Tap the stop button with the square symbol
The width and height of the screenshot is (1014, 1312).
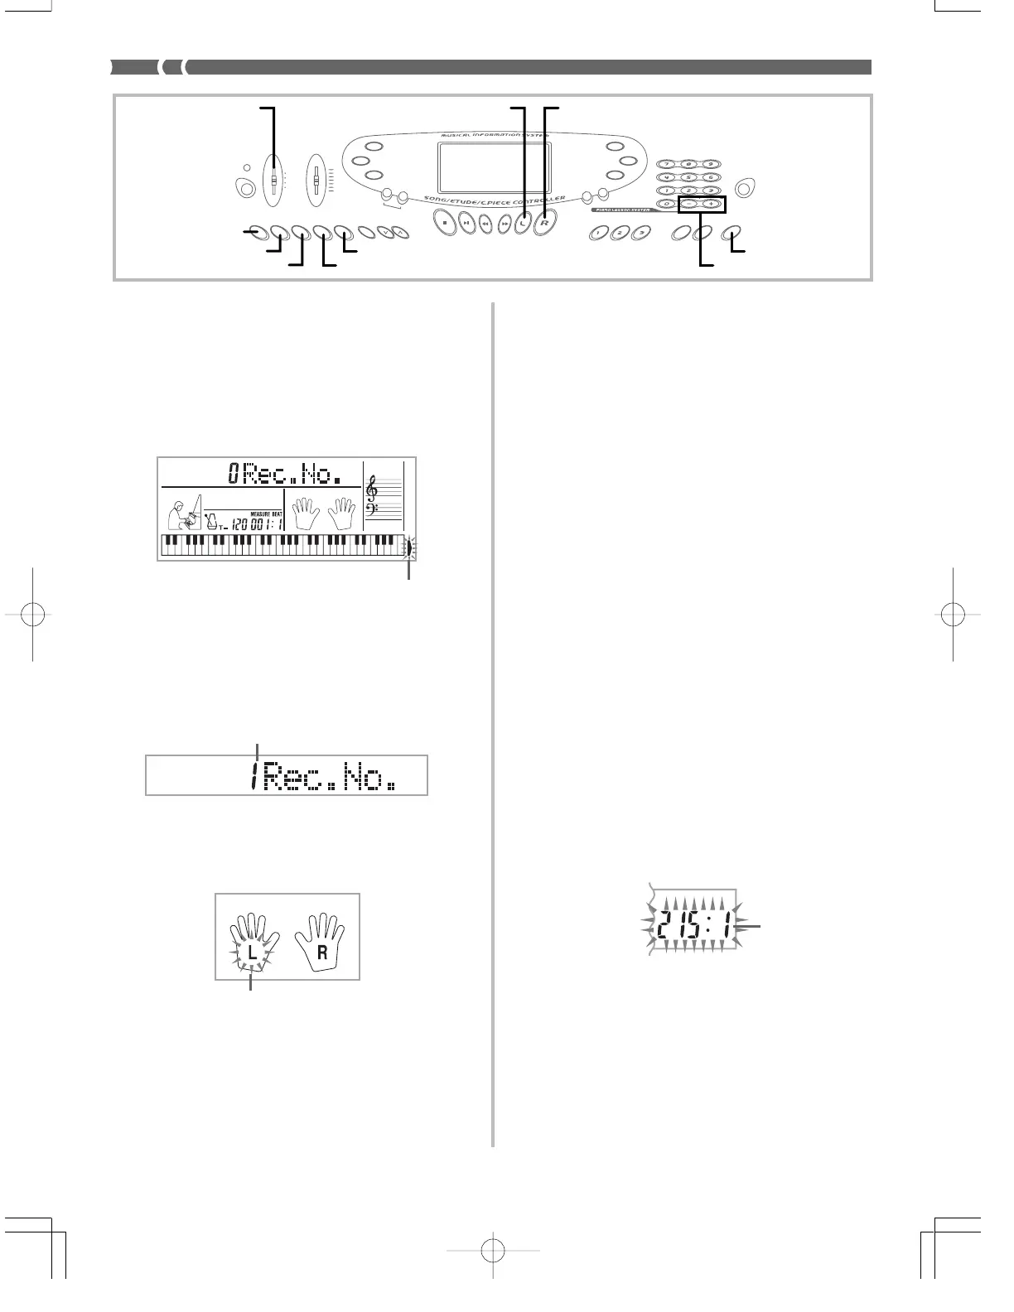click(445, 223)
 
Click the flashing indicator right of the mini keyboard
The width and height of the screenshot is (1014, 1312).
click(408, 547)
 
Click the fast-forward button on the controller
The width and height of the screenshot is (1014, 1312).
click(505, 224)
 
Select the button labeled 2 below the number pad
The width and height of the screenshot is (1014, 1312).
click(618, 234)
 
